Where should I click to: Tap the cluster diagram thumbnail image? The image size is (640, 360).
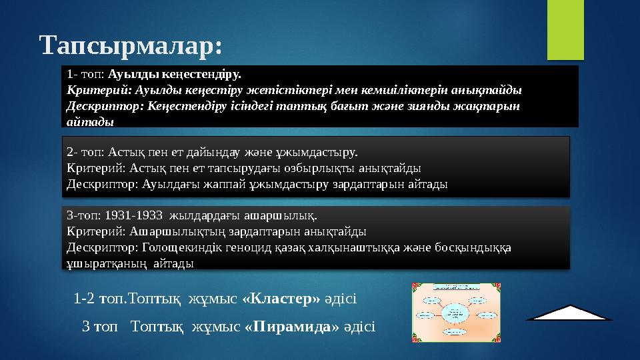pos(456,311)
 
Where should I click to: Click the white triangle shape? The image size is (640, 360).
pos(573,313)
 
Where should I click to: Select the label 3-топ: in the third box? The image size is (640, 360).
pos(84,215)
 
